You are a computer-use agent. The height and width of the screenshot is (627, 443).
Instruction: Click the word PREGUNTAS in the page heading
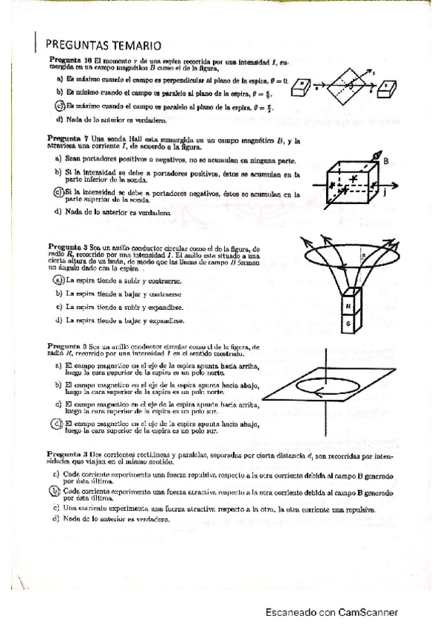81,45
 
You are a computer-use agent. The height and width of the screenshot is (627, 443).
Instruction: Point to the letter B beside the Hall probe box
386,157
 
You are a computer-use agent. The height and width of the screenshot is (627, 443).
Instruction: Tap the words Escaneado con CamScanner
333,611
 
